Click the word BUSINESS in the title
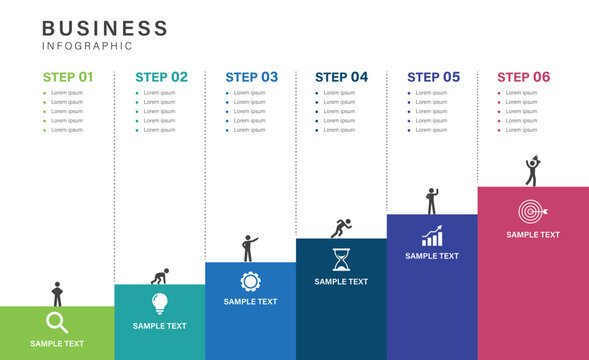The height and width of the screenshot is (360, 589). tap(105, 28)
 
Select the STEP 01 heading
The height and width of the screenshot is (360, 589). tap(68, 76)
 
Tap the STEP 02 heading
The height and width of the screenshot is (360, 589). tap(161, 76)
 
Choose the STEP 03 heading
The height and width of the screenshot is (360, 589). tap(252, 76)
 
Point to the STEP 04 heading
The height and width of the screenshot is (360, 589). tap(341, 76)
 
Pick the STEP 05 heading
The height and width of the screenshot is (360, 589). tap(433, 76)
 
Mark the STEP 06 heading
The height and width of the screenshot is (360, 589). tap(523, 76)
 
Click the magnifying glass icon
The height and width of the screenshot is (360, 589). tap(57, 322)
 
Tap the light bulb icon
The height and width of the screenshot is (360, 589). tap(160, 303)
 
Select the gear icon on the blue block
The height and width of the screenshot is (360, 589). tap(250, 281)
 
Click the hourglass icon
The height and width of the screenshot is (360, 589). tap(341, 259)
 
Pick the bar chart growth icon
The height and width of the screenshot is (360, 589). tap(432, 237)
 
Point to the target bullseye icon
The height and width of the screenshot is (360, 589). tap(532, 212)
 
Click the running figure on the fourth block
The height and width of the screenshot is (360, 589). tap(341, 228)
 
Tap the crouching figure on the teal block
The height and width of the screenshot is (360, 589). tap(158, 277)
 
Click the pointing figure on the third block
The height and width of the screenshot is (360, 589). tap(249, 248)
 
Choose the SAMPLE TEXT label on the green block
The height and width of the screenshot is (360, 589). tap(57, 344)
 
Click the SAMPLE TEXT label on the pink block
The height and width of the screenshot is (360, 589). tap(532, 235)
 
